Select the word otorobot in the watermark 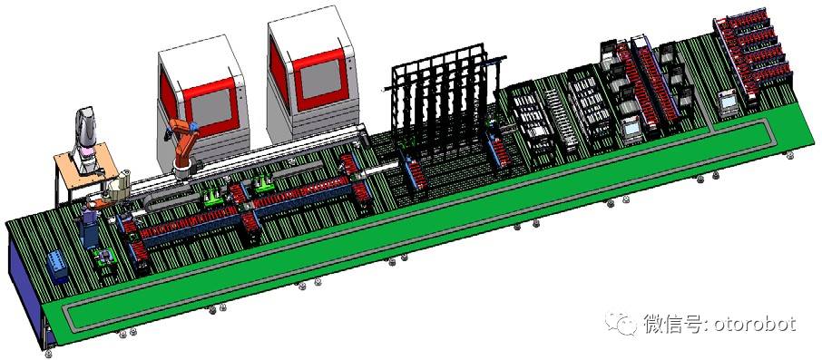click(757, 325)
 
